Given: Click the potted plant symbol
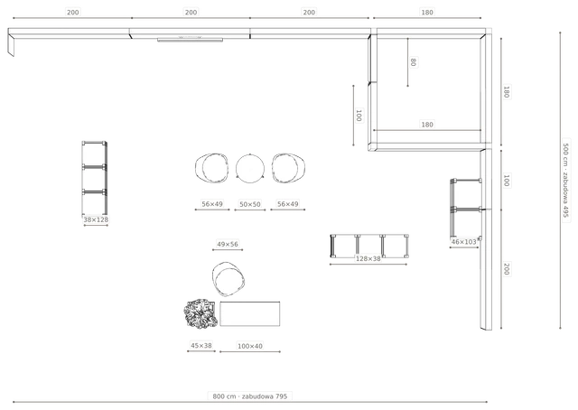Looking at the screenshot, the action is pyautogui.click(x=200, y=313).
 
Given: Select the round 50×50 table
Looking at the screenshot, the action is pyautogui.click(x=250, y=168).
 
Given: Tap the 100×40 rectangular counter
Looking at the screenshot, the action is pyautogui.click(x=250, y=313).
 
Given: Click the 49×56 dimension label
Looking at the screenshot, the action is pyautogui.click(x=228, y=244).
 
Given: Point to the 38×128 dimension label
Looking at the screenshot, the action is pyautogui.click(x=96, y=219).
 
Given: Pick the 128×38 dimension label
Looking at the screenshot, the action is pyautogui.click(x=368, y=259).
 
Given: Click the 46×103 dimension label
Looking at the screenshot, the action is pyautogui.click(x=463, y=242).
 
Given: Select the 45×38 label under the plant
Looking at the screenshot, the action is pyautogui.click(x=201, y=346).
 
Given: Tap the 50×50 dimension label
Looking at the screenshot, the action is pyautogui.click(x=250, y=204).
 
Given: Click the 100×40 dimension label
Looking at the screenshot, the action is pyautogui.click(x=250, y=346).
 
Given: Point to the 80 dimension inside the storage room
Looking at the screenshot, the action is pyautogui.click(x=414, y=62).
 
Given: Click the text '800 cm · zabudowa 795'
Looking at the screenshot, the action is pyautogui.click(x=250, y=396).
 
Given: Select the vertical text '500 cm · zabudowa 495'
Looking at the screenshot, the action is pyautogui.click(x=566, y=181).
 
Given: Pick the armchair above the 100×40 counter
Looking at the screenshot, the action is pyautogui.click(x=228, y=279).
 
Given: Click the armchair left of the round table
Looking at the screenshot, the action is pyautogui.click(x=211, y=168).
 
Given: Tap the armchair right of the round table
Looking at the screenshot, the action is pyautogui.click(x=288, y=168).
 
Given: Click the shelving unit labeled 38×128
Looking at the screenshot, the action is pyautogui.click(x=95, y=178).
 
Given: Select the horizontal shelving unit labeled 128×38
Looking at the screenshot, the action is pyautogui.click(x=369, y=246).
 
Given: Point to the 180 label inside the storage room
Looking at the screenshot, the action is pyautogui.click(x=427, y=125).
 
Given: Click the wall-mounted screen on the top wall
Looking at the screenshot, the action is pyautogui.click(x=191, y=40).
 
